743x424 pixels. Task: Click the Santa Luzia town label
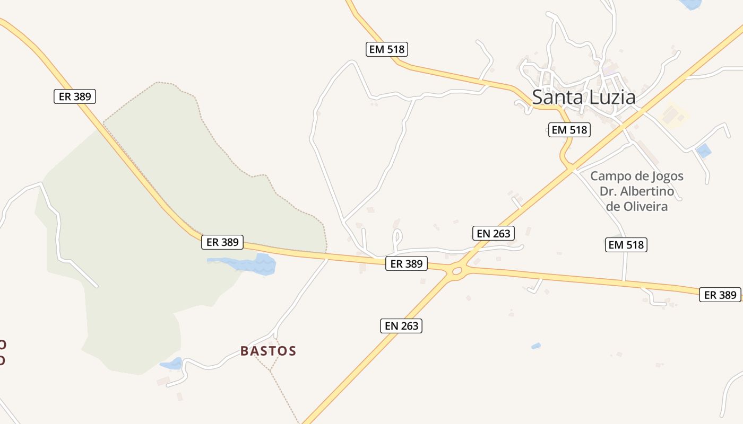(583, 98)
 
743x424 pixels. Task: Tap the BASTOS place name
(268, 351)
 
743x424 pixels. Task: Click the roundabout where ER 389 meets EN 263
(456, 271)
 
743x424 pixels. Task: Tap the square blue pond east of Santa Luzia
(703, 151)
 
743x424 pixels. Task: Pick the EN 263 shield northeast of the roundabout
(494, 233)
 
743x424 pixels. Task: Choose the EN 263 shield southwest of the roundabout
(401, 325)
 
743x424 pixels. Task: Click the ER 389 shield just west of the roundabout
(406, 263)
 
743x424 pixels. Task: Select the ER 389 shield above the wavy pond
(222, 242)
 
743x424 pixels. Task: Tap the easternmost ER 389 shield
(720, 295)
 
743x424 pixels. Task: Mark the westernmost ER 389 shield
(75, 96)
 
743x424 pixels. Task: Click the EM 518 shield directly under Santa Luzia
(569, 130)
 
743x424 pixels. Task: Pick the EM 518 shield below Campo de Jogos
(626, 244)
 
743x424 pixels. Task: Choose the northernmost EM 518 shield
(387, 50)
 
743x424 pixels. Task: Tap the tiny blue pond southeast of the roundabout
(536, 346)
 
